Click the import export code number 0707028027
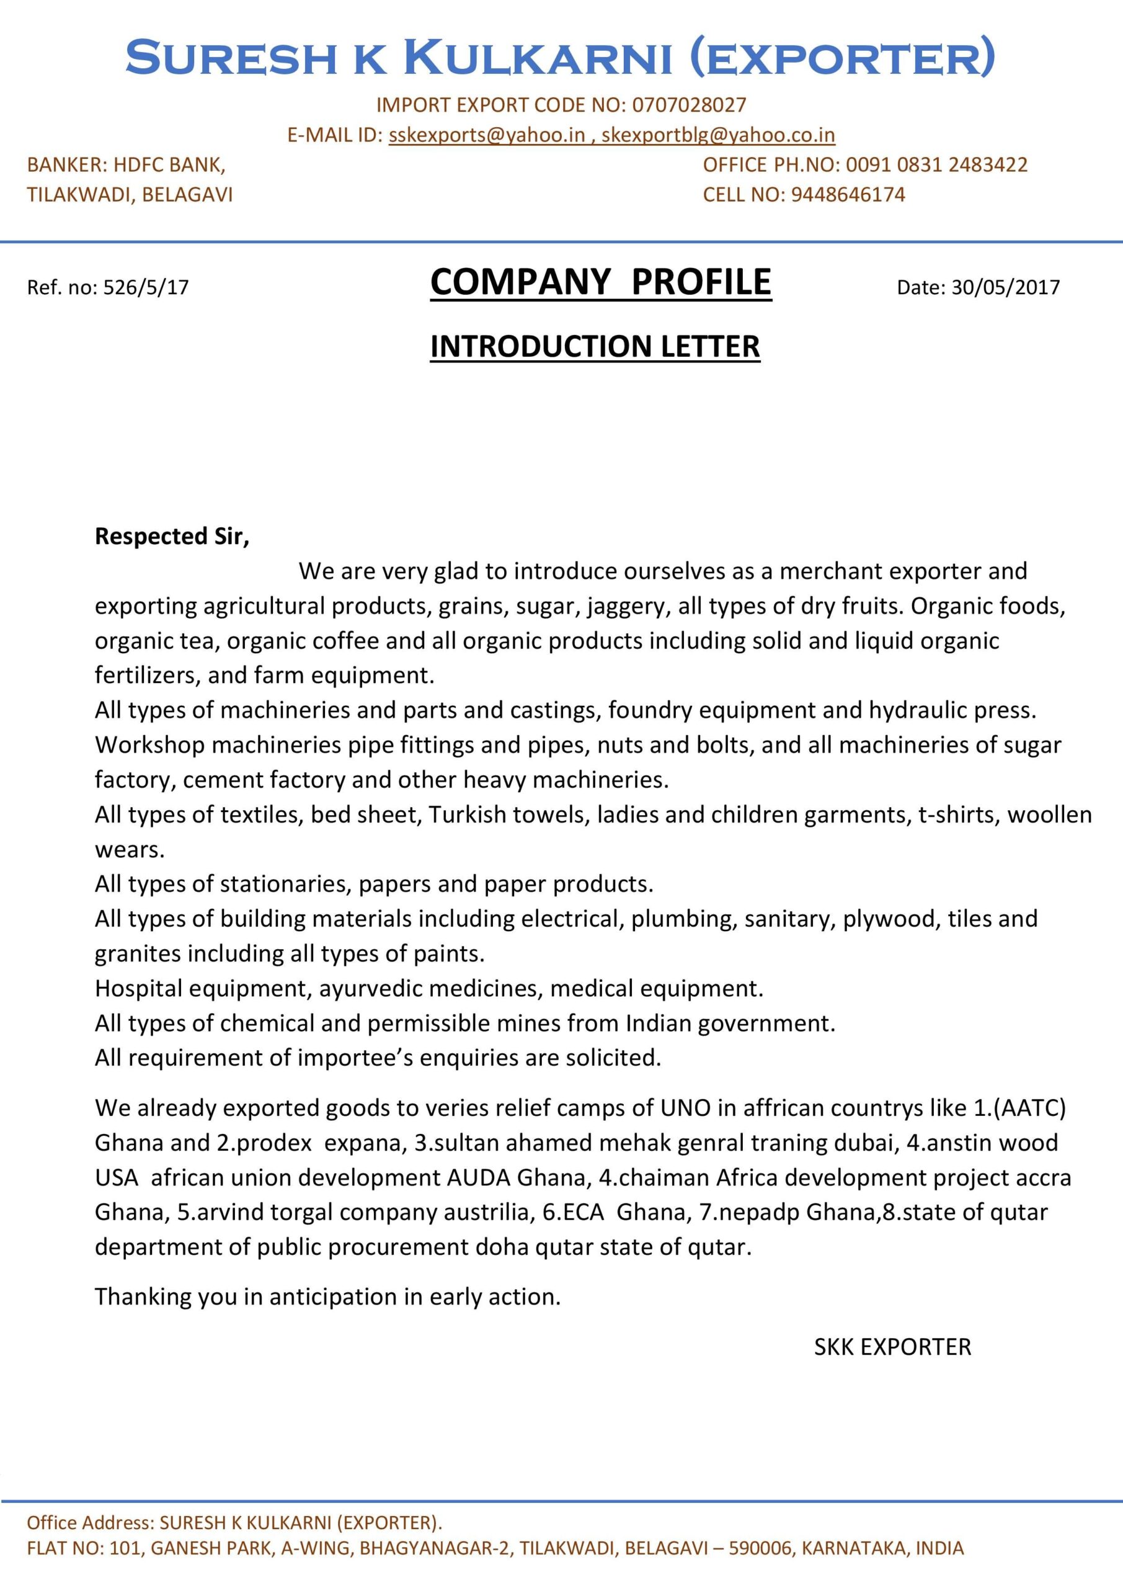[x=689, y=105]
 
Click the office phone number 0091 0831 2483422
[x=936, y=164]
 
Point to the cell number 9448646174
[x=848, y=194]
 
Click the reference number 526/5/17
[x=146, y=287]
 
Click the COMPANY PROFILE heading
[x=600, y=282]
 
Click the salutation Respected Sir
[x=172, y=536]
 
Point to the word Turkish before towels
[x=468, y=814]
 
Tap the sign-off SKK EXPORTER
[x=892, y=1347]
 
